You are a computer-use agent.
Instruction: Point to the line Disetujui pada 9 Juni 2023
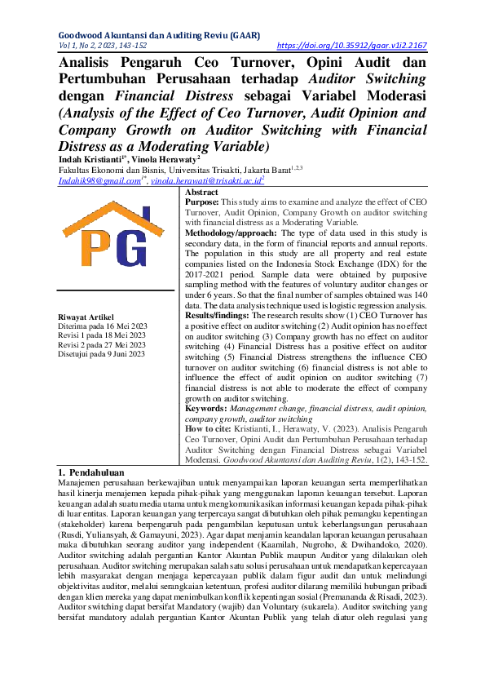[102, 353]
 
